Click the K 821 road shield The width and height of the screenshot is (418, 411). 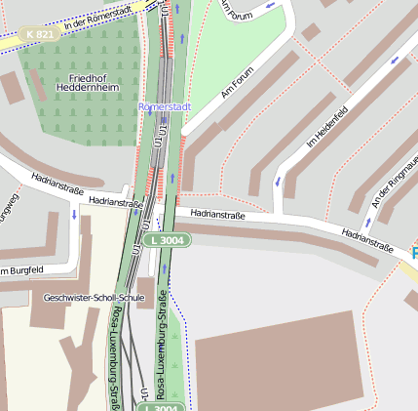(x=40, y=34)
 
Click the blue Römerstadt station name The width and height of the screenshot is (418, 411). (x=165, y=105)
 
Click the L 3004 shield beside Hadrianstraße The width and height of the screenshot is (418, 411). (x=164, y=239)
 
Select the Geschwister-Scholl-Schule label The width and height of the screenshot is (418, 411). (x=94, y=297)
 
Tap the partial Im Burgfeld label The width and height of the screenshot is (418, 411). (x=21, y=269)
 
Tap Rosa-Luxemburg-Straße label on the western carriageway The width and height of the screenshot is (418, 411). (x=115, y=356)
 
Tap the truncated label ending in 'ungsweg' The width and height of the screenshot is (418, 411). (x=10, y=209)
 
